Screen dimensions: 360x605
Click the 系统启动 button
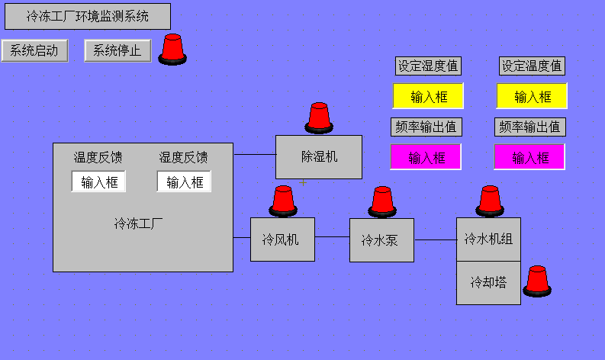pyautogui.click(x=35, y=51)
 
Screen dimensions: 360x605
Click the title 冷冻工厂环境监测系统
pyautogui.click(x=87, y=16)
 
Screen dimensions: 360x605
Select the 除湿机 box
pyautogui.click(x=319, y=157)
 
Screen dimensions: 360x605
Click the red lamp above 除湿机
pyautogui.click(x=319, y=117)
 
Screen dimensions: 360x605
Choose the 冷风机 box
pyautogui.click(x=282, y=239)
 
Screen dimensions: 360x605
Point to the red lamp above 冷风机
pyautogui.click(x=283, y=201)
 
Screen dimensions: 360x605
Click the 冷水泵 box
pyautogui.click(x=381, y=240)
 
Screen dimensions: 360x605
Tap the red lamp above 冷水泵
pyautogui.click(x=382, y=201)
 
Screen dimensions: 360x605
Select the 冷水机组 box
pyautogui.click(x=488, y=239)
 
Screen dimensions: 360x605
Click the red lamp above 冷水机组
pyautogui.click(x=490, y=201)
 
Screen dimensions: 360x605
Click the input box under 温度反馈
pyautogui.click(x=99, y=182)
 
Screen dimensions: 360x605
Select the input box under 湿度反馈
pyautogui.click(x=184, y=182)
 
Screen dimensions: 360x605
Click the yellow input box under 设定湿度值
pyautogui.click(x=428, y=97)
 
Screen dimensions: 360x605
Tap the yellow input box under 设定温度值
pyautogui.click(x=532, y=97)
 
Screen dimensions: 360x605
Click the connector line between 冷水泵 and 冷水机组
pyautogui.click(x=435, y=239)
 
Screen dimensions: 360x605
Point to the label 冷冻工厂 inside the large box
pyautogui.click(x=139, y=224)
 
